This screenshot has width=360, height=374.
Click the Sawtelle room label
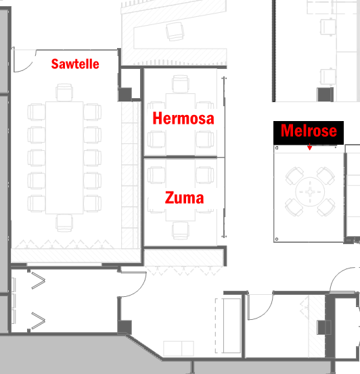[75, 64]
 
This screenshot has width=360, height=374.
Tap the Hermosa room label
[183, 118]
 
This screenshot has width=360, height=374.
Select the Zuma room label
[184, 197]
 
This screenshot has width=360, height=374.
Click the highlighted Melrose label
[309, 133]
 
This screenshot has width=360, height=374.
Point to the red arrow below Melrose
[310, 147]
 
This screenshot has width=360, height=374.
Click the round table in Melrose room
[310, 191]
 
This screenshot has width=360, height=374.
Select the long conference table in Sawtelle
[64, 158]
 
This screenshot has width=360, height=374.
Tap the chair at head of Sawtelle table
[64, 92]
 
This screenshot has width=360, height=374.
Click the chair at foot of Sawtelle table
[64, 223]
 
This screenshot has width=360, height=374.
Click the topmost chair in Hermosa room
[181, 84]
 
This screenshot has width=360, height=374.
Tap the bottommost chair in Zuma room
[181, 231]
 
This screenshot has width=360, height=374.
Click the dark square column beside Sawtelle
[125, 95]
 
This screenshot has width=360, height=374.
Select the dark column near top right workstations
[325, 95]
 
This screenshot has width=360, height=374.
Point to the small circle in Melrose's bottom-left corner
[277, 239]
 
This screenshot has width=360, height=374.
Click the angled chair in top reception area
[175, 31]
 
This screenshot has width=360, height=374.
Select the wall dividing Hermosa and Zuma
[181, 157]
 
